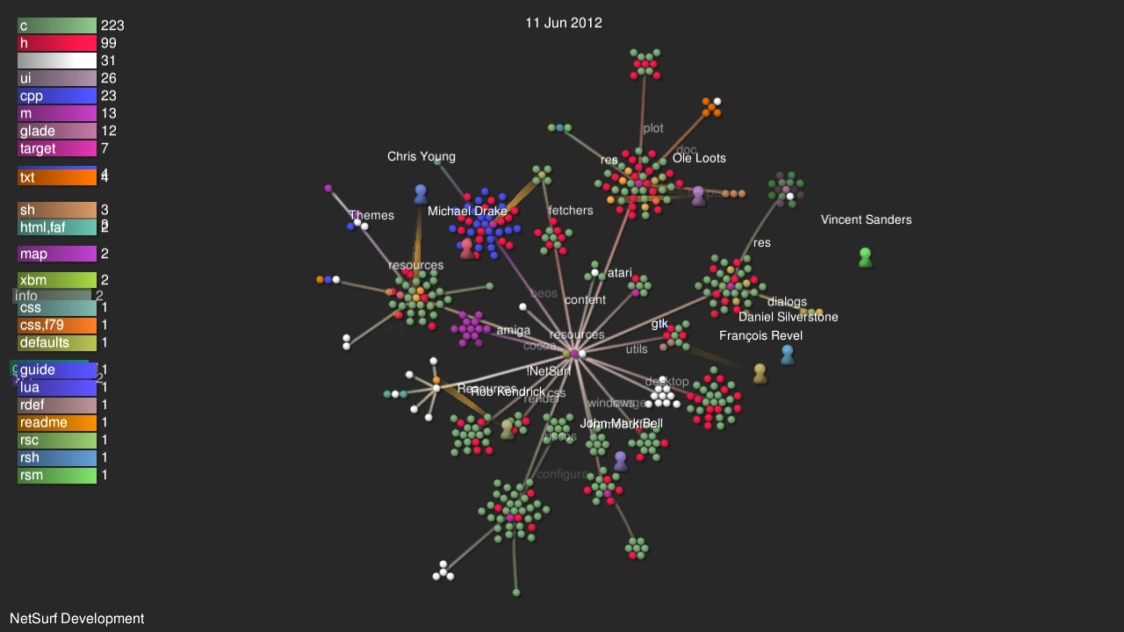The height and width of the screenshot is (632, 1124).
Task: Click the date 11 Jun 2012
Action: tap(564, 23)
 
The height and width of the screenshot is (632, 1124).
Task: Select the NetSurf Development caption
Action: tap(77, 619)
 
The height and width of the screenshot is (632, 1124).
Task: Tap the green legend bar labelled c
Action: tap(57, 26)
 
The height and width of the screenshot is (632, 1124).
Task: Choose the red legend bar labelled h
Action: tap(57, 44)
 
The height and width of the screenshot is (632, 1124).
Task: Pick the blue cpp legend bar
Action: tap(57, 97)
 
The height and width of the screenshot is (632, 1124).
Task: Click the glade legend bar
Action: tap(57, 132)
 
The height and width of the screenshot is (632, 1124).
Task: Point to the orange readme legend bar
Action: tap(57, 423)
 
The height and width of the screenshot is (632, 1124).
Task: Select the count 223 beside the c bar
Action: tap(112, 26)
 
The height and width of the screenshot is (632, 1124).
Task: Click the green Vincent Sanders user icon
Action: tap(865, 257)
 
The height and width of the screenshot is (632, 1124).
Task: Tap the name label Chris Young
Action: tap(421, 157)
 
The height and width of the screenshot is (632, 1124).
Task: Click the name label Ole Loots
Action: tap(700, 159)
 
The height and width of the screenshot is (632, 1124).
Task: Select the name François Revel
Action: tap(760, 336)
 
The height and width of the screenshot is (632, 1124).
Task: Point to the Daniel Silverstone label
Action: tap(788, 317)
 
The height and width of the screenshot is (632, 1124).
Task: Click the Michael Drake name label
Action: tap(467, 212)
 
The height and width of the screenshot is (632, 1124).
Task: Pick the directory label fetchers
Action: tap(571, 211)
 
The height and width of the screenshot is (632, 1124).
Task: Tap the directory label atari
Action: tap(619, 273)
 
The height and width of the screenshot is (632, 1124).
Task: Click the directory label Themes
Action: tap(371, 216)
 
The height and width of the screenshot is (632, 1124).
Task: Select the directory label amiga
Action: tap(513, 331)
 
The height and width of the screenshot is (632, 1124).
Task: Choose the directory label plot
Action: tap(653, 129)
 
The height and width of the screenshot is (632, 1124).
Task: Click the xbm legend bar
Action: tap(57, 281)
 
